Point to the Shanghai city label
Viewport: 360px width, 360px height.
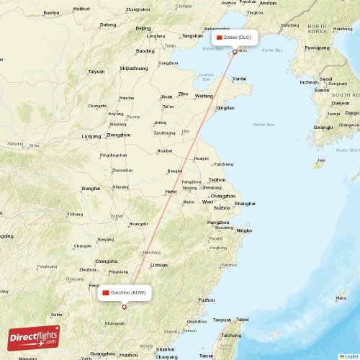click(245, 203)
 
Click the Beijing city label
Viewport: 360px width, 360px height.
click(143, 28)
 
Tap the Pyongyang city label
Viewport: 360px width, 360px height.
click(317, 48)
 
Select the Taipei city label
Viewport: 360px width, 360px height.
click(242, 319)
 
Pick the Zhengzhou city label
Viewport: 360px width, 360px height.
click(118, 135)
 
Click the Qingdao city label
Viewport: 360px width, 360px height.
click(225, 107)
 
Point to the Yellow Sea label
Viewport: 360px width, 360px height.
click(264, 125)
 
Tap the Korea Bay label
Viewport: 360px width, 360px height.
click(272, 50)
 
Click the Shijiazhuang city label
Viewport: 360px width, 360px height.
click(134, 68)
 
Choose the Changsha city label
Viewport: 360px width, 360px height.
click(107, 261)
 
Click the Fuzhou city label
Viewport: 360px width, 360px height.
click(207, 300)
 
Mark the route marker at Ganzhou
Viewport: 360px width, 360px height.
click(124, 307)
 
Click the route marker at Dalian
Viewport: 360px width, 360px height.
click(235, 51)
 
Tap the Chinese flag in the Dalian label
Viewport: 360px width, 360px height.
click(220, 36)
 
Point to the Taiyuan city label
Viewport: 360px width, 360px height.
click(96, 71)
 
